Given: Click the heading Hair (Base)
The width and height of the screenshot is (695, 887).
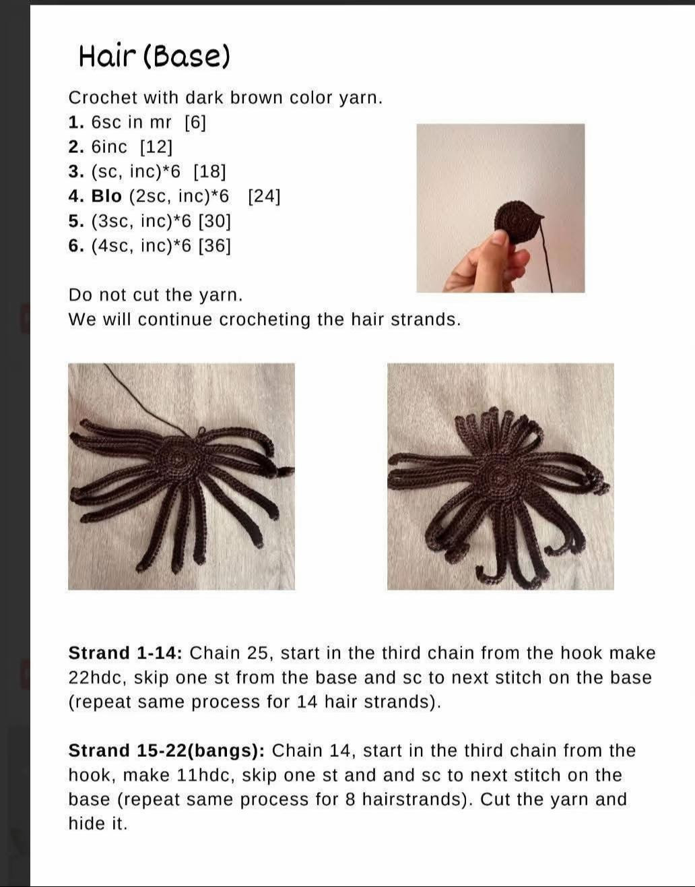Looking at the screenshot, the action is [155, 57].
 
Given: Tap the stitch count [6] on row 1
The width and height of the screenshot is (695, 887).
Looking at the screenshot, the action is [195, 123].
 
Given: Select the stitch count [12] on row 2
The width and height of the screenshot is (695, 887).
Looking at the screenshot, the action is [156, 147].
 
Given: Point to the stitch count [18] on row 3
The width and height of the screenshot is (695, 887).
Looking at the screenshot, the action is [209, 172].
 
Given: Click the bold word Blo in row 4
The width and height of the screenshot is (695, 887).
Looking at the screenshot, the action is [106, 196].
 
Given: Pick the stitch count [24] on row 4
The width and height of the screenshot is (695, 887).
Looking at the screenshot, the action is [264, 196].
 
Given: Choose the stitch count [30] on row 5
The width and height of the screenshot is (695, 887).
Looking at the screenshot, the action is [215, 221].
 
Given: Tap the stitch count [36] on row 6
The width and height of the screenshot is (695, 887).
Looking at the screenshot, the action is [215, 246].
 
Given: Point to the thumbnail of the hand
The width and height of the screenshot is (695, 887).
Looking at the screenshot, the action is [500, 208].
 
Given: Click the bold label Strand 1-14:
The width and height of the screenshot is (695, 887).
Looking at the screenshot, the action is [125, 653].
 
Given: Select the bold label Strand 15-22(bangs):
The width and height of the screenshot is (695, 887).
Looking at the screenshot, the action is [166, 751].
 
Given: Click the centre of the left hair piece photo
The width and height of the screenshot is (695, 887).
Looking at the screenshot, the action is [182, 477].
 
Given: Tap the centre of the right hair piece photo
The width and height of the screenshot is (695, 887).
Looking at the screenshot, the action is [500, 477].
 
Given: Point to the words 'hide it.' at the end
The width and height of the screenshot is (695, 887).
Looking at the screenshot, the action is [98, 824].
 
